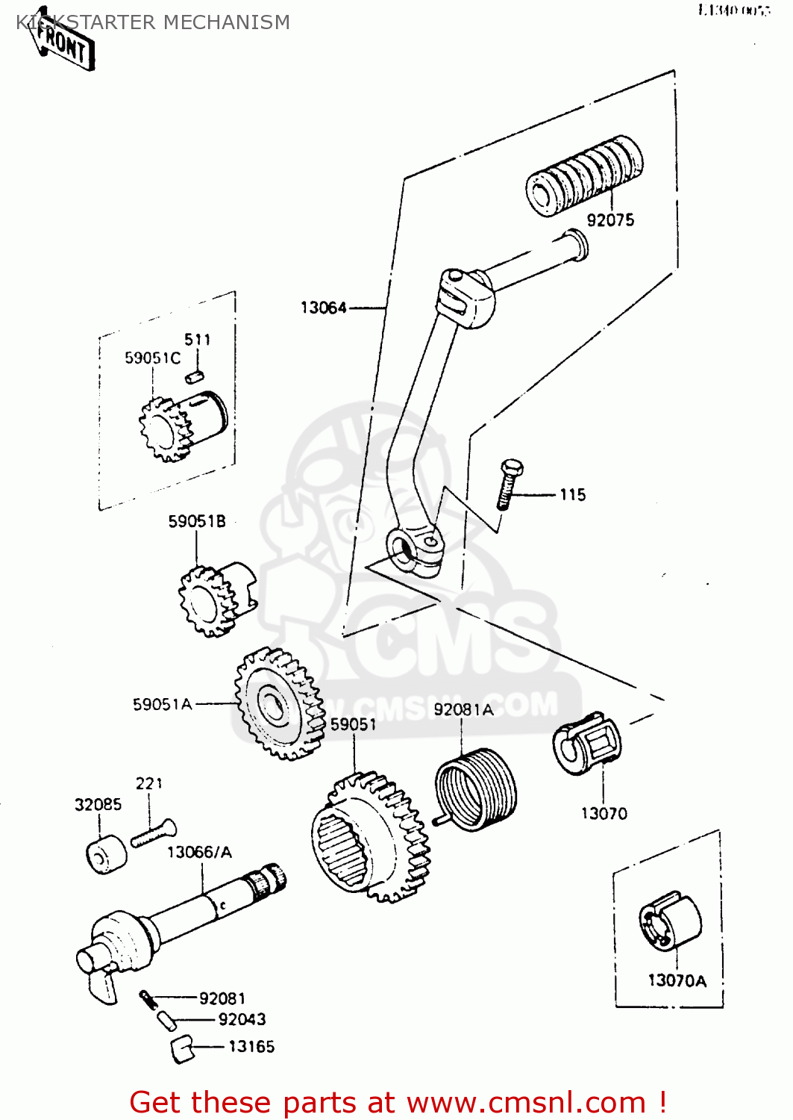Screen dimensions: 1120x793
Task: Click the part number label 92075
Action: point(610,220)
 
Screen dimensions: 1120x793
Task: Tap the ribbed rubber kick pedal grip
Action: point(584,177)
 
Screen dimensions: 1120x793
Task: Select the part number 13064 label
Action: point(324,308)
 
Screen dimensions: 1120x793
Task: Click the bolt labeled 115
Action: point(509,485)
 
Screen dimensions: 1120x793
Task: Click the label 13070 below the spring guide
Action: point(604,814)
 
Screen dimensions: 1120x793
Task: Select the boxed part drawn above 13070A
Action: point(669,921)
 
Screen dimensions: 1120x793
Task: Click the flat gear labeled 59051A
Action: point(280,703)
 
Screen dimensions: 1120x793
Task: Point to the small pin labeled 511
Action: point(195,376)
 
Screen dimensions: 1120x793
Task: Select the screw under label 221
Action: point(154,833)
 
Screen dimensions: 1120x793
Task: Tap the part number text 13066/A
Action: point(199,853)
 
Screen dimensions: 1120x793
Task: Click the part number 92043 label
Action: point(242,1020)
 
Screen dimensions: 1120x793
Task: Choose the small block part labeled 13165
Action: point(181,1048)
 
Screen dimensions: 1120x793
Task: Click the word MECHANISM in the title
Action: point(226,22)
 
